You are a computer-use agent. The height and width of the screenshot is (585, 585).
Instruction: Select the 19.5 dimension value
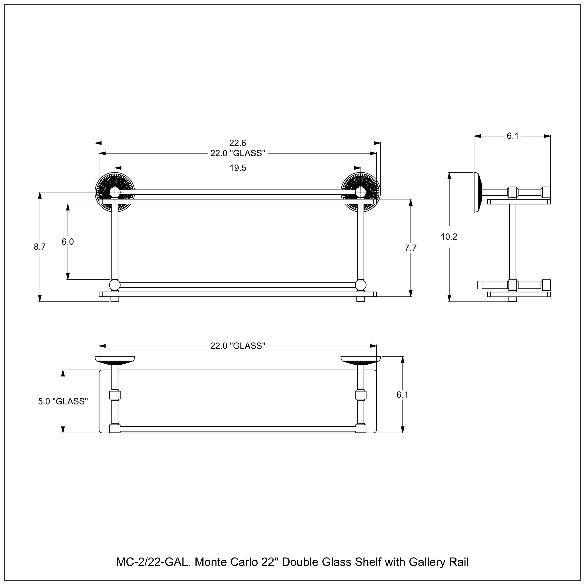tap(238, 168)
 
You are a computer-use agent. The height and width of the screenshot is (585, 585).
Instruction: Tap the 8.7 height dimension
tap(40, 247)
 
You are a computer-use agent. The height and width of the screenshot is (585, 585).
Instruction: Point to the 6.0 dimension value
tap(68, 242)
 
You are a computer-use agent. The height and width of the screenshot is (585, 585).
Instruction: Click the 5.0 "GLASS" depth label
tap(63, 402)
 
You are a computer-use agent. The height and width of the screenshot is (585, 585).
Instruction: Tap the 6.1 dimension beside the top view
tap(402, 395)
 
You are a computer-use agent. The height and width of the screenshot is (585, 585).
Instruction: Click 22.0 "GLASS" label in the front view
tap(238, 153)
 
